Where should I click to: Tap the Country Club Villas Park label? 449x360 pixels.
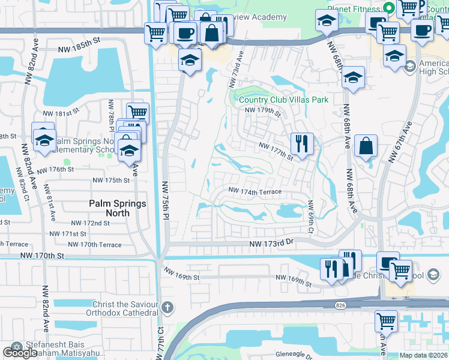283,100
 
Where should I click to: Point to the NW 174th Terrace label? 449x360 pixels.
255,191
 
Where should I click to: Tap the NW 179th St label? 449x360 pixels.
263,110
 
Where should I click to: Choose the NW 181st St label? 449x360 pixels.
61,113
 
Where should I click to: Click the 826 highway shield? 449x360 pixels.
340,305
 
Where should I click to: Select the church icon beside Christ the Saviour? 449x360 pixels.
167,308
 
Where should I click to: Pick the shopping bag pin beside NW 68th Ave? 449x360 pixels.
366,146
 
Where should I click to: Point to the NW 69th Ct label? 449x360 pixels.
311,217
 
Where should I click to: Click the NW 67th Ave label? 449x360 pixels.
400,142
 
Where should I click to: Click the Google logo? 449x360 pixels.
20,353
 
